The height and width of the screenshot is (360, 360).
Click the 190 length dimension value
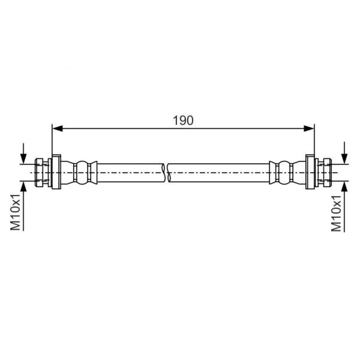pos(183,121)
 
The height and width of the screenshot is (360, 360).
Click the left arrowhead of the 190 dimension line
pos(58,129)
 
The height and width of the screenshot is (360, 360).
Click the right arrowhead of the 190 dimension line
pos(309,129)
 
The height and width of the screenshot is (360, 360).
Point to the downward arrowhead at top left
pos(23,159)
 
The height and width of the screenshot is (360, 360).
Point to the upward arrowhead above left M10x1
pos(23,186)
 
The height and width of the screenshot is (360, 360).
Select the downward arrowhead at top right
pos(344,159)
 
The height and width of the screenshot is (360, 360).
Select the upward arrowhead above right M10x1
pos(344,186)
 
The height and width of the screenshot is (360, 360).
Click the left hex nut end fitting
pos(39,172)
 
